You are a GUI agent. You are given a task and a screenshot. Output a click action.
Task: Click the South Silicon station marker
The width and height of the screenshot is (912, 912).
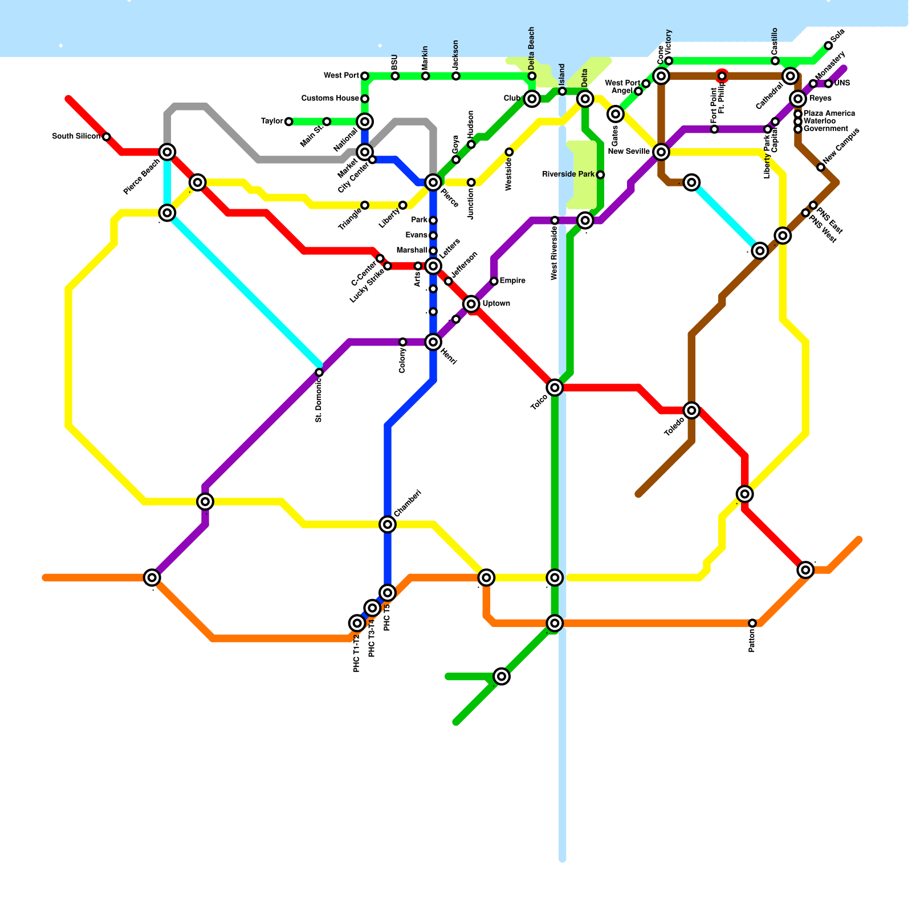pos(107,137)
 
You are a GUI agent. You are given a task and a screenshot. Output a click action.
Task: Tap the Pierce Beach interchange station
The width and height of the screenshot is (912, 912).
pos(167,152)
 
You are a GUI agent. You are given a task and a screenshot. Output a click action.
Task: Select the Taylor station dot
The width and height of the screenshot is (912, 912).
pos(289,121)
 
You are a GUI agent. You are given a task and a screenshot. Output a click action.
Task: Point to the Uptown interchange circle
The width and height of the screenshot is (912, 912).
pos(471,304)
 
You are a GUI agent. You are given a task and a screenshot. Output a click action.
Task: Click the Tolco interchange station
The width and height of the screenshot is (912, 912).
pos(555,388)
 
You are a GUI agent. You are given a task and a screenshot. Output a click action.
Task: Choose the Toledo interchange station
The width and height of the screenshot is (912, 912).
pos(691,410)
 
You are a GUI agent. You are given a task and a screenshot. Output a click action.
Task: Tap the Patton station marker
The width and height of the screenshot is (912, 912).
pos(752,623)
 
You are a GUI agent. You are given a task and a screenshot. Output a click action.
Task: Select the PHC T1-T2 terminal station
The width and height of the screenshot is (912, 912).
pos(357,623)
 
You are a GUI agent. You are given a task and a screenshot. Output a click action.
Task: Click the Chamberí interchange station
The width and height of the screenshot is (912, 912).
pos(388,524)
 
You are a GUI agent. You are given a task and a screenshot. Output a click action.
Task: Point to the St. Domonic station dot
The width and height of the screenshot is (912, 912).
pos(319,372)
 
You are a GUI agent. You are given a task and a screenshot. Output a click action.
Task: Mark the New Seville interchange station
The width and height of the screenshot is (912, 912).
pos(661,152)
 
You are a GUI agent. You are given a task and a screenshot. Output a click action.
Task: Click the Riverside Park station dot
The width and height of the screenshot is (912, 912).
pos(600,175)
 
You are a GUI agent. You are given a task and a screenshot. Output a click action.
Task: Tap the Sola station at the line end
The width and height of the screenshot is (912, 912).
pos(828,46)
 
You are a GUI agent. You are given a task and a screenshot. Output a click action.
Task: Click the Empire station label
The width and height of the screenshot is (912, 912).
pos(512,281)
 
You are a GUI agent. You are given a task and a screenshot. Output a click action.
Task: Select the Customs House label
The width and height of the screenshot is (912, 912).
pos(330,99)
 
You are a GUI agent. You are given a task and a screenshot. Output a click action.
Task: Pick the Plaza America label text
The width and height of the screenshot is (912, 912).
pos(829,113)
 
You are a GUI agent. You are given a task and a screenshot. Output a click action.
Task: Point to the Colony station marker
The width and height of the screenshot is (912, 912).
pos(403,342)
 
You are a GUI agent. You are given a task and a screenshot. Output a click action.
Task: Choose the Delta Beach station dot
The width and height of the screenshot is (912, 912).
pos(532,76)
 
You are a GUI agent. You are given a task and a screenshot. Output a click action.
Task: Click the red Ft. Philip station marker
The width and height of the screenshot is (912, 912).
pos(722,76)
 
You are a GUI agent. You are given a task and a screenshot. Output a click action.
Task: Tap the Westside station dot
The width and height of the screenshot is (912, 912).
pos(509,152)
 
